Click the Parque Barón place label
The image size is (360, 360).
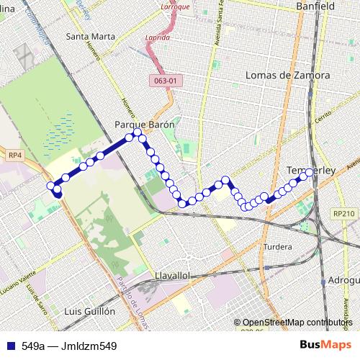145,125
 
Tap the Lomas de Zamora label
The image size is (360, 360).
287,75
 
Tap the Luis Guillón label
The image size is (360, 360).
89,312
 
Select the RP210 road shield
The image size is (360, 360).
345,214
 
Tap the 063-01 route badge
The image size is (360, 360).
165,81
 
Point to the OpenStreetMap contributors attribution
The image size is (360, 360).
296,323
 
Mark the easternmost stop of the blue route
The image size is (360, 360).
310,173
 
